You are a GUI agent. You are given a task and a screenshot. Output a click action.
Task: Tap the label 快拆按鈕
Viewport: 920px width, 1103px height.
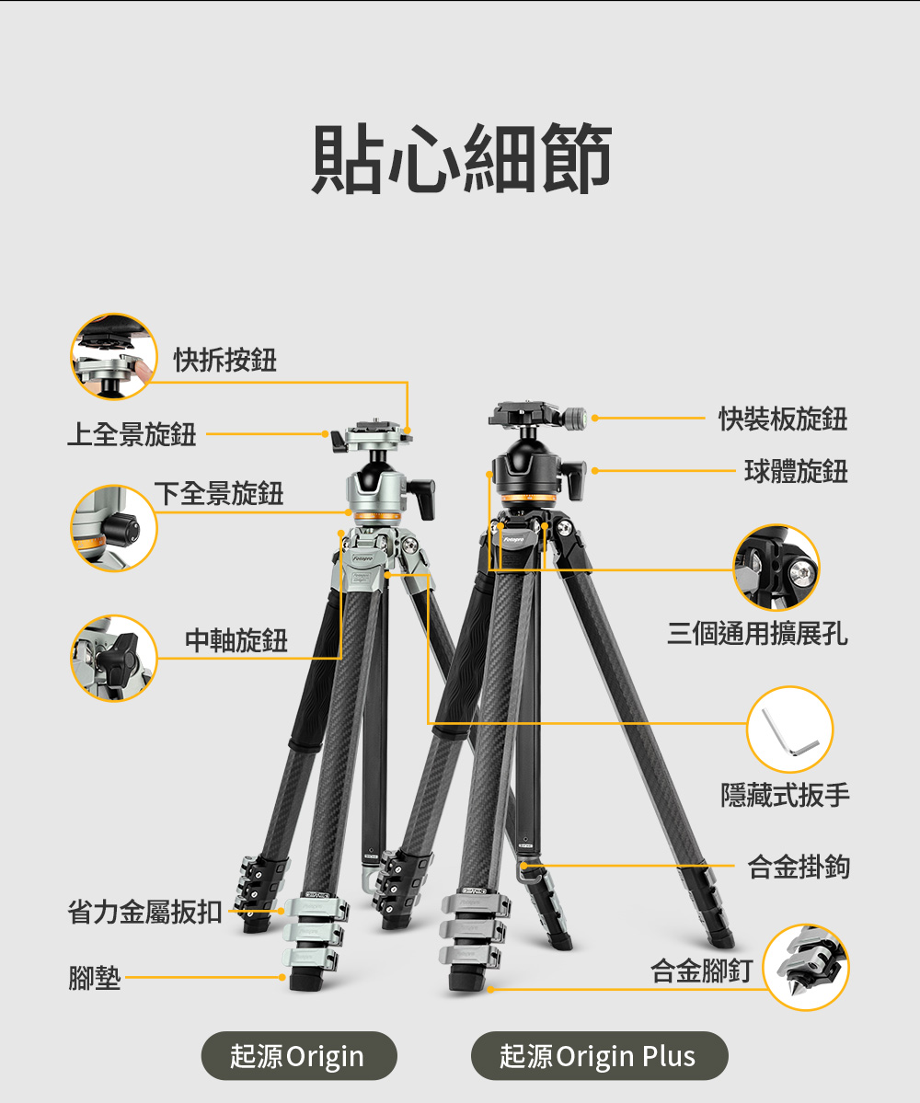tap(225, 360)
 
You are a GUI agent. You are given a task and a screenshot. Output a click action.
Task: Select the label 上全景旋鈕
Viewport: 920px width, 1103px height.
tap(132, 434)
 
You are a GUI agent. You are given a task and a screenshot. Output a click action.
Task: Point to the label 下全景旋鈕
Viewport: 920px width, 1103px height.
tap(219, 493)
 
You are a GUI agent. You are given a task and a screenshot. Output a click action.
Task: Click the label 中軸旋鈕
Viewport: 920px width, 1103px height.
tap(236, 640)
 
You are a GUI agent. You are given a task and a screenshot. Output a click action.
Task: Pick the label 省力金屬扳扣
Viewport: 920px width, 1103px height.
tap(144, 912)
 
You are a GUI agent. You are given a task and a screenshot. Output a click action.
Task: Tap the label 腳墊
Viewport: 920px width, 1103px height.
tap(94, 978)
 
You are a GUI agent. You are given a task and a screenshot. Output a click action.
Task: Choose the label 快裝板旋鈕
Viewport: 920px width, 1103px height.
tap(783, 419)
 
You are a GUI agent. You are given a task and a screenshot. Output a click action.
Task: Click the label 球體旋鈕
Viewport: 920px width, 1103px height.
tap(796, 471)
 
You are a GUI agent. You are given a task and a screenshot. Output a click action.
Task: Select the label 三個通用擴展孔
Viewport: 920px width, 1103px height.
tap(757, 633)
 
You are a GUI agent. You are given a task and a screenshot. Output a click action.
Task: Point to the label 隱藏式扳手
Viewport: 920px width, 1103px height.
tap(785, 795)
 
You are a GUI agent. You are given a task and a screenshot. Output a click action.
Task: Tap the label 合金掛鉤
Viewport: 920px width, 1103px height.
tap(799, 867)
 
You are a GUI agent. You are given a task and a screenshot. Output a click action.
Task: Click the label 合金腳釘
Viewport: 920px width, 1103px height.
tap(701, 971)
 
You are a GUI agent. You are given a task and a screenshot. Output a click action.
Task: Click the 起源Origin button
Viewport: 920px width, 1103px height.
tap(299, 1056)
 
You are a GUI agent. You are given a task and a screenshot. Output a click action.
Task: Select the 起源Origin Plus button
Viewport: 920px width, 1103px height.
tap(599, 1056)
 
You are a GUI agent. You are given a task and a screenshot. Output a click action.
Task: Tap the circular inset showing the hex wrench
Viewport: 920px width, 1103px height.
tap(790, 730)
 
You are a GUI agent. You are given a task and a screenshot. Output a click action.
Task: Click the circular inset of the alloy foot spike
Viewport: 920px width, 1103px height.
tap(806, 967)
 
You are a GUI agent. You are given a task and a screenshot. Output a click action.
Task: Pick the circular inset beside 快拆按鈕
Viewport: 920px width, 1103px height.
tap(114, 357)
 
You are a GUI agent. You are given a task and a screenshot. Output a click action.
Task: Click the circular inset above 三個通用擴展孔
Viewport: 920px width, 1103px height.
tap(776, 567)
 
